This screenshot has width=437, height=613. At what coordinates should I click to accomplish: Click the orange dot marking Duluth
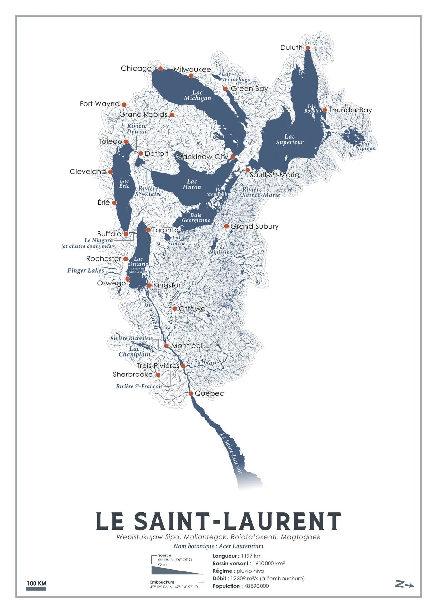[308, 48]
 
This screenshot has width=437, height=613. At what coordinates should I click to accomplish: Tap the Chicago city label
[136, 68]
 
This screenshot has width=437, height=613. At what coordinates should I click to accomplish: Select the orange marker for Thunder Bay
[324, 110]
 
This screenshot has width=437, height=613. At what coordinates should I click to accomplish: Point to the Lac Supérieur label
[290, 140]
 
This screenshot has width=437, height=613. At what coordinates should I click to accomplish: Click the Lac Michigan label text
[197, 95]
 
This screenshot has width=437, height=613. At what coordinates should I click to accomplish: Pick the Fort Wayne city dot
[124, 104]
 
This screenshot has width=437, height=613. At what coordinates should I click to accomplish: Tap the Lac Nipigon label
[365, 146]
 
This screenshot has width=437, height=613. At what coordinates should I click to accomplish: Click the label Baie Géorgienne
[196, 217]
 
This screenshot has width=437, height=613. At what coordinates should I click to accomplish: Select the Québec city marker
[191, 393]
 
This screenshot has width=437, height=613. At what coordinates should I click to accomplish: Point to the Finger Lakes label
[85, 270]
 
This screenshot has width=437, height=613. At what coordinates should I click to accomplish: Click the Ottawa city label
[192, 308]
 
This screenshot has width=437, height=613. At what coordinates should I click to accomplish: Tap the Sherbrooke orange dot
[158, 375]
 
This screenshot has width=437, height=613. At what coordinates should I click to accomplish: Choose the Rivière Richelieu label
[131, 338]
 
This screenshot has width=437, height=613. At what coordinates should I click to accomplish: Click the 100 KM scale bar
[36, 588]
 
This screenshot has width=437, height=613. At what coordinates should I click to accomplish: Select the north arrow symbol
[404, 585]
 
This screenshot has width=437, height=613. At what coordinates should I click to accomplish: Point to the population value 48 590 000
[256, 586]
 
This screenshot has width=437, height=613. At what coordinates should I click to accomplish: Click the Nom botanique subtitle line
[218, 546]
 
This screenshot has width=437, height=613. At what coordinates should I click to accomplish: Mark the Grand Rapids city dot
[172, 115]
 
